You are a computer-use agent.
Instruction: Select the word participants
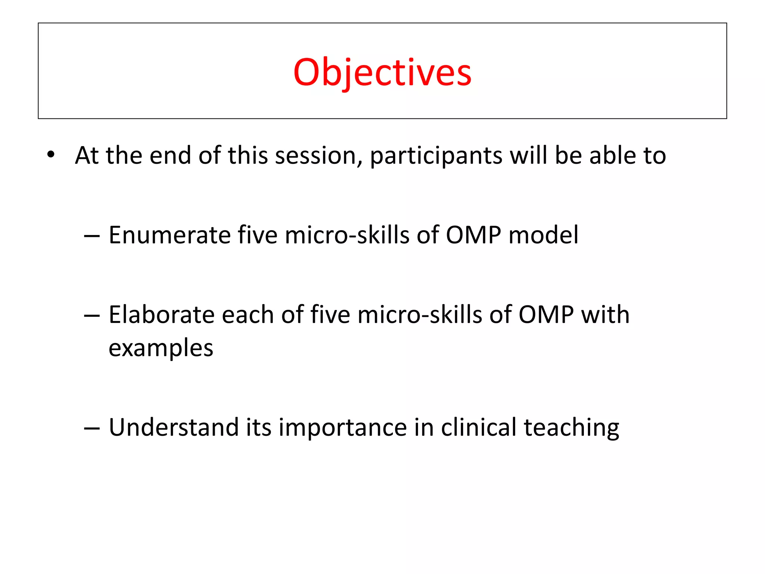tap(436, 156)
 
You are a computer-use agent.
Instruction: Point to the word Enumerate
tap(170, 235)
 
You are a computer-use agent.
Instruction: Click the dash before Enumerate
tap(92, 236)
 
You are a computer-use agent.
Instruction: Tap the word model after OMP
tap(543, 235)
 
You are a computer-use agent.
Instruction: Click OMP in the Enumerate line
tap(473, 235)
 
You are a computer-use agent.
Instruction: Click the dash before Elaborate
tap(92, 316)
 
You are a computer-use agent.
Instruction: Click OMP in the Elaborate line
tap(546, 315)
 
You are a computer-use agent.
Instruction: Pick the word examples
tap(161, 349)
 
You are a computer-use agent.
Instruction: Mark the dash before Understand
tap(92, 428)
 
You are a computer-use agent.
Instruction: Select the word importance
tap(343, 428)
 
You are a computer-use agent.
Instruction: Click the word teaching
tap(571, 428)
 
